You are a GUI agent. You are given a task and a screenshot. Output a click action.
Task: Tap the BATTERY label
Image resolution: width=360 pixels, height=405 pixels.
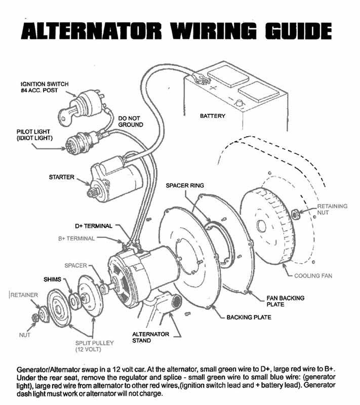(212, 116)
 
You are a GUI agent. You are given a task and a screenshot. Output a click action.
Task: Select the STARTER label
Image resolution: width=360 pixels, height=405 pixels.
(62, 178)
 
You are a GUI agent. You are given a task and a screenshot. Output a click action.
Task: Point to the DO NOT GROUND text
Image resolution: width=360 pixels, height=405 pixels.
(131, 121)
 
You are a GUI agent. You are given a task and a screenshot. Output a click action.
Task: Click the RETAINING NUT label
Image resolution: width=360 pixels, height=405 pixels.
(332, 210)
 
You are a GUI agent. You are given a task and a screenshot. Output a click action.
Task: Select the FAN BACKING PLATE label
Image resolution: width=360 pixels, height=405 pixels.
(286, 301)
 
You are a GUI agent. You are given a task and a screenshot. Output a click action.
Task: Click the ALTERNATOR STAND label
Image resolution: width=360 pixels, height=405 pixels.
(151, 337)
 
